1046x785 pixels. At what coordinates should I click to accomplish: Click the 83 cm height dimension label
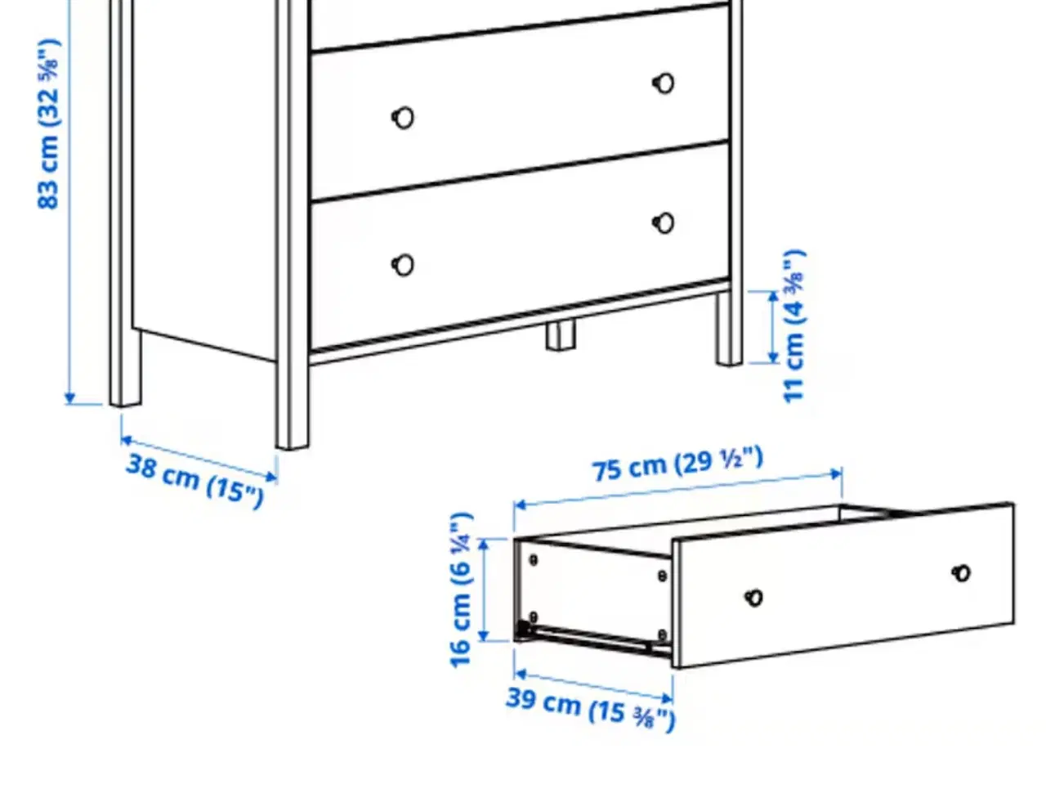tap(48, 124)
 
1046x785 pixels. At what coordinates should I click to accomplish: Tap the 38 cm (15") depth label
tap(195, 482)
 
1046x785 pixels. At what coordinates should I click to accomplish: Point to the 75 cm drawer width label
tap(677, 464)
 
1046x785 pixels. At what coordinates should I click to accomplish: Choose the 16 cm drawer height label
tap(461, 590)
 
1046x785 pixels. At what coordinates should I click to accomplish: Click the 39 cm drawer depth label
tap(591, 708)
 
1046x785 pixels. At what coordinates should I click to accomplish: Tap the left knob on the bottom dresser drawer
tap(403, 265)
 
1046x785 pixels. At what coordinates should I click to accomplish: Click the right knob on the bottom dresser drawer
tap(664, 223)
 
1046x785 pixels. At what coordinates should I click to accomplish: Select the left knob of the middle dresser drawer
tap(403, 118)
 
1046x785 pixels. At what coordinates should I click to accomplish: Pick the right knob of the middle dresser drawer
tap(664, 83)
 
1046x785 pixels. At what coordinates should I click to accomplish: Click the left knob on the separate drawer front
tap(754, 598)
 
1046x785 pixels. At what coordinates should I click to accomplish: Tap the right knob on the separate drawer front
tap(962, 573)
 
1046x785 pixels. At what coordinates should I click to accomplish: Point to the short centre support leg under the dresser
tap(561, 335)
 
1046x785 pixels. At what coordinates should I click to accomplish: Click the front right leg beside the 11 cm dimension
tap(729, 328)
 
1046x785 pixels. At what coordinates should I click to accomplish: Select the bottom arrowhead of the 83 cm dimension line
tap(70, 398)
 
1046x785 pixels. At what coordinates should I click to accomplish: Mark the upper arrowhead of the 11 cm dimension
tap(773, 297)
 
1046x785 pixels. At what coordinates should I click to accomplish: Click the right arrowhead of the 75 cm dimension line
tap(836, 473)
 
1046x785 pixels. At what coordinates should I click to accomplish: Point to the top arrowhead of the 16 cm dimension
tap(483, 545)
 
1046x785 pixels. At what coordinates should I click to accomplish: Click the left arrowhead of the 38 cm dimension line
tap(127, 440)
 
